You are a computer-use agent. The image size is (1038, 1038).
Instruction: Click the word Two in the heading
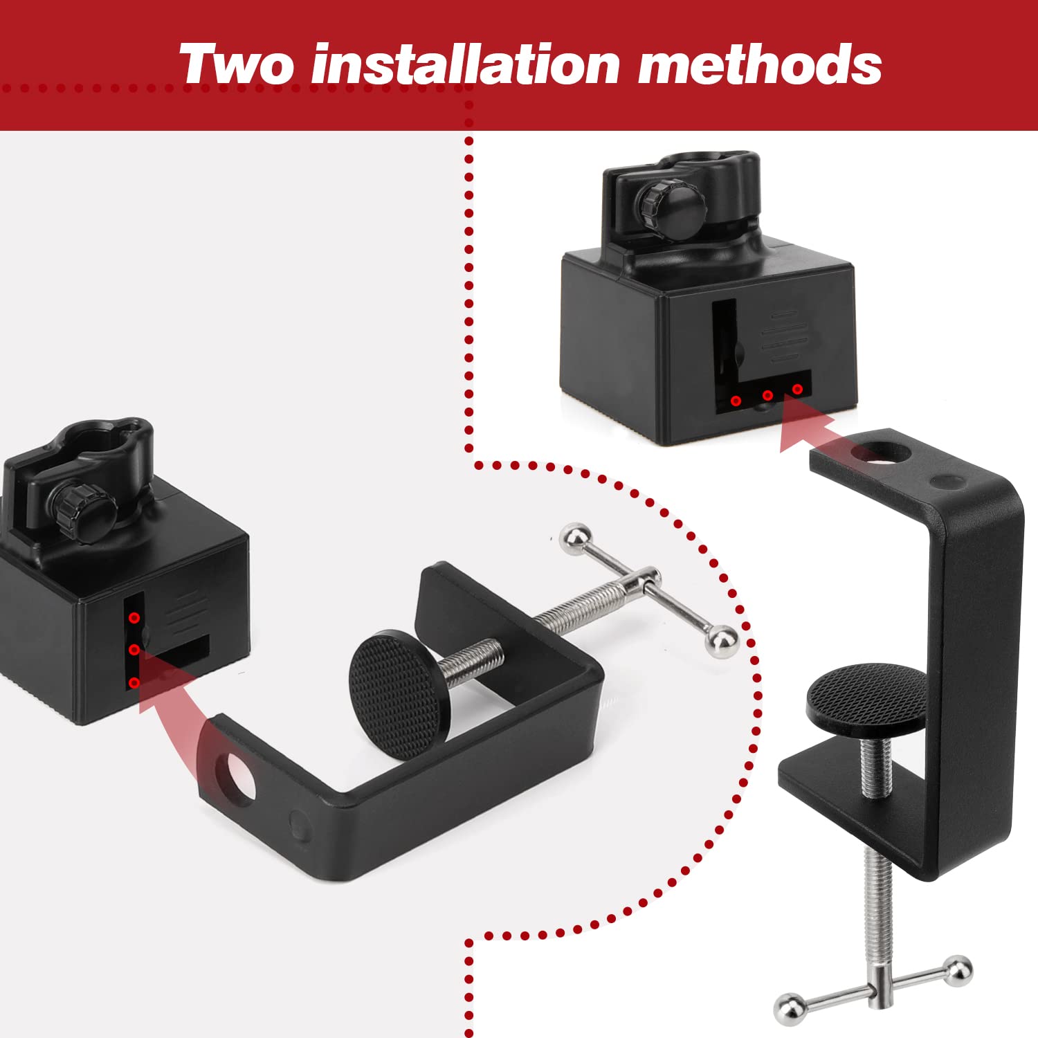pyautogui.click(x=236, y=64)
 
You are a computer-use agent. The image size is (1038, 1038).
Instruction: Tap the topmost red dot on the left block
pyautogui.click(x=134, y=617)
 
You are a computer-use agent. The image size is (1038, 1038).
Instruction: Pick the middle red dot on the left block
pyautogui.click(x=134, y=650)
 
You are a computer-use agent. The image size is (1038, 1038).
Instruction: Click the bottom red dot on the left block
pyautogui.click(x=134, y=683)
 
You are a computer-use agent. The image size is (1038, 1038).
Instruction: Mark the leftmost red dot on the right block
pyautogui.click(x=736, y=401)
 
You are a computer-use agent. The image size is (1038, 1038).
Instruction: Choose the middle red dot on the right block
pyautogui.click(x=767, y=395)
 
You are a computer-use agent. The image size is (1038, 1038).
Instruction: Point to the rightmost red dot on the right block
pyautogui.click(x=797, y=390)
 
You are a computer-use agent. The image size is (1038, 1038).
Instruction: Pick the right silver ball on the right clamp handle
pyautogui.click(x=958, y=971)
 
